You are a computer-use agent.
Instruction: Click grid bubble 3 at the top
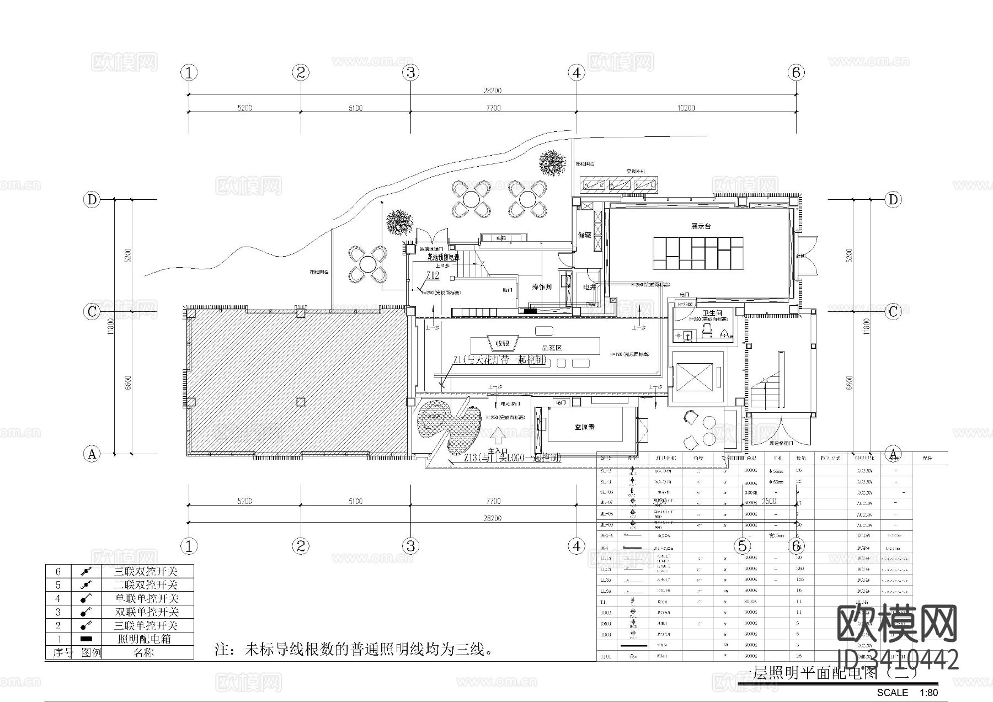[410, 72]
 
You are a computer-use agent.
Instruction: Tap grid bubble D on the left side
[92, 199]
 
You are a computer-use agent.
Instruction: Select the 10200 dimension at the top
[686, 108]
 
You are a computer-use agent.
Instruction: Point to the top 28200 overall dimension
[492, 91]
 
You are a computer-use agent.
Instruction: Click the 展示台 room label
[701, 226]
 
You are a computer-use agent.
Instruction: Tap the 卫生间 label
[712, 313]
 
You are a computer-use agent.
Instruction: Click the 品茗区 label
[552, 348]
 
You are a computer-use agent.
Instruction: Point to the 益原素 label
[584, 427]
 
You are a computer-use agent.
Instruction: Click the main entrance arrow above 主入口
[498, 437]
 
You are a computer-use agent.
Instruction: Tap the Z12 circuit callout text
[433, 275]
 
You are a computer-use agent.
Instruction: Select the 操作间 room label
[542, 287]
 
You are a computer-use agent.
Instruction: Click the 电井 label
[590, 287]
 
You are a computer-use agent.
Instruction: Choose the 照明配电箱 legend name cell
[146, 639]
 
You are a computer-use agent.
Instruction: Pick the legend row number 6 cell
[58, 572]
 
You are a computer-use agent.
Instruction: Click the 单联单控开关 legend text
[146, 598]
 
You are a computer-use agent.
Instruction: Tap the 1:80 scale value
[928, 693]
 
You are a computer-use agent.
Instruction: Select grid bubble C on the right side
[893, 312]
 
